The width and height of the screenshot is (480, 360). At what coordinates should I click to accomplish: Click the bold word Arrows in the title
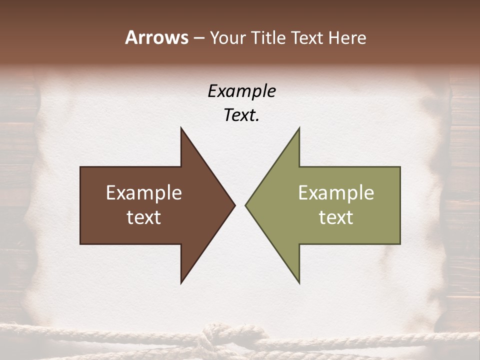point(156,37)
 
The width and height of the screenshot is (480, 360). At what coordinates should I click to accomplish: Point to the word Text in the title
point(307,38)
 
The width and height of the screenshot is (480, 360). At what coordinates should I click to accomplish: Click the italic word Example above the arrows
point(241,91)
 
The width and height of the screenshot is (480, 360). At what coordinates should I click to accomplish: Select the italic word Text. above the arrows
point(241,115)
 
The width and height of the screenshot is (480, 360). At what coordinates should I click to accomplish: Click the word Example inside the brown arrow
point(144,193)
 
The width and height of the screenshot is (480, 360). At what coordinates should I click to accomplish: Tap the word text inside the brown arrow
point(144,217)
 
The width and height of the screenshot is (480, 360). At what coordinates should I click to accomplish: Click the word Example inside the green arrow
point(336,193)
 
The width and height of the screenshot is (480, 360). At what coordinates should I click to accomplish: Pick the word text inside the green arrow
point(336,217)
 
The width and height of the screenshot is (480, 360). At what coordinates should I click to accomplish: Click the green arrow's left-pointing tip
point(246,205)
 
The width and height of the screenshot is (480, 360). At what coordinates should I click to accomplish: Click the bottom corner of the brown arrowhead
point(181,282)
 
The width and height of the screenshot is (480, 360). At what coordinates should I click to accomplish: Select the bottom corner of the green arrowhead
point(299,282)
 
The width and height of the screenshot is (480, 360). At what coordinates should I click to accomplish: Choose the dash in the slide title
point(198,38)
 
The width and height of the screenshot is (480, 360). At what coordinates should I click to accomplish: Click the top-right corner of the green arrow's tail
point(400,167)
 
